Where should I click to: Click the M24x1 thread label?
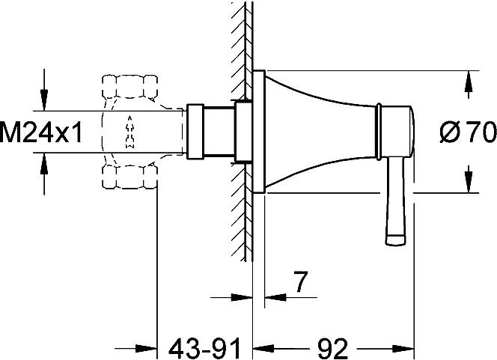41,132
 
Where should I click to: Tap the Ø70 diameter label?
468,132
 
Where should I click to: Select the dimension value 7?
299,281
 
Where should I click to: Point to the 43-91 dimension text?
204,348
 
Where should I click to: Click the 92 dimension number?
332,348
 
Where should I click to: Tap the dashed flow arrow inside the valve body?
129,132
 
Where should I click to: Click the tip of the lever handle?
395,240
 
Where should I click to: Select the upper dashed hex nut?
129,87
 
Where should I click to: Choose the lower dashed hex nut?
129,177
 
